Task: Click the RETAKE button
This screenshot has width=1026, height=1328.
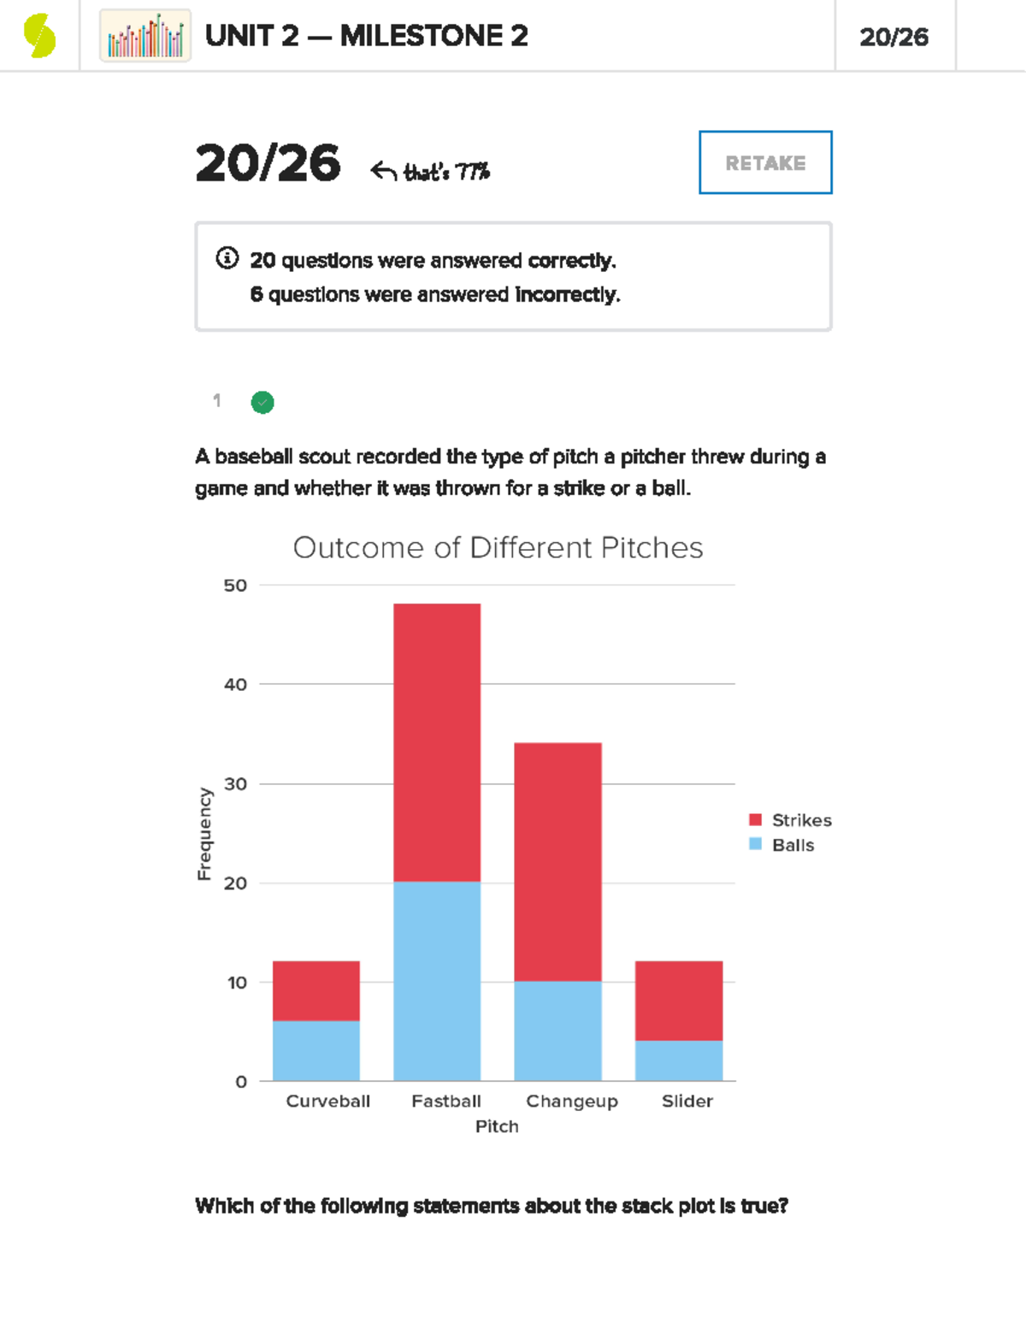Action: (x=765, y=162)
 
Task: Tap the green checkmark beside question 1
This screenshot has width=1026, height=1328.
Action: (x=262, y=402)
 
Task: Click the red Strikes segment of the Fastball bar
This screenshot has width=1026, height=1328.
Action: (x=437, y=742)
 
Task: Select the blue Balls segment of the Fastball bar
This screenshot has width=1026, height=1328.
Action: (x=437, y=981)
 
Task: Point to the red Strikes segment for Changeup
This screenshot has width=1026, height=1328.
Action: (x=557, y=861)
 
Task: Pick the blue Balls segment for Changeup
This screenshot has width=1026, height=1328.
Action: (x=557, y=1030)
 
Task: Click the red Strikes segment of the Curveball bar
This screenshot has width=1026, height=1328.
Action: (x=316, y=990)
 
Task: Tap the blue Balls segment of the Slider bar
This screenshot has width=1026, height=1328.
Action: (x=679, y=1060)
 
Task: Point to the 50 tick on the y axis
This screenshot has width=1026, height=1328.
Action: (x=235, y=586)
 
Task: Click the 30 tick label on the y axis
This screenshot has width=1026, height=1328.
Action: (x=235, y=784)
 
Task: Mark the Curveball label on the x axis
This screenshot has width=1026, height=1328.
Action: (x=328, y=1101)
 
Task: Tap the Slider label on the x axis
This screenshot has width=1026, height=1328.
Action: (x=687, y=1101)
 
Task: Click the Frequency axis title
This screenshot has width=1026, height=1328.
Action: (x=204, y=834)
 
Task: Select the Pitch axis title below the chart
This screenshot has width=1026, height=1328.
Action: (x=497, y=1126)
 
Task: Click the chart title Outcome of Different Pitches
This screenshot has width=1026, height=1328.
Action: (x=498, y=547)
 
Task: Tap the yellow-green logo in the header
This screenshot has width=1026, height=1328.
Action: (x=39, y=36)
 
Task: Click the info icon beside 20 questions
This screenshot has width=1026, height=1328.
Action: (x=227, y=258)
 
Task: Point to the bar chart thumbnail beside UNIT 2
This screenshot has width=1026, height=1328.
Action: (x=145, y=36)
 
